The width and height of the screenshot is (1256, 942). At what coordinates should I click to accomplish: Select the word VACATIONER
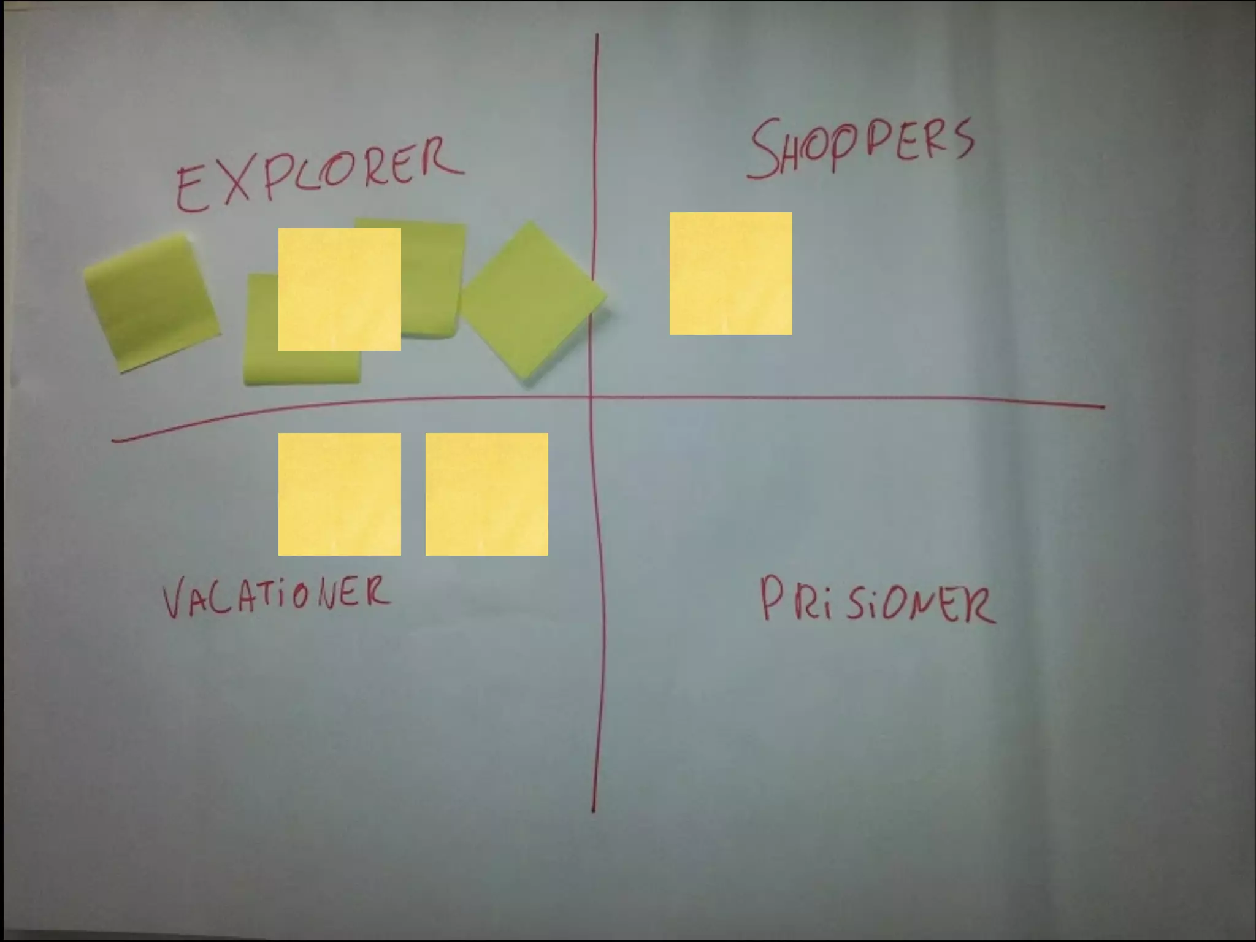[276, 596]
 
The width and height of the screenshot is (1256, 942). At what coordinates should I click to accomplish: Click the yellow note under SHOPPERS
[730, 274]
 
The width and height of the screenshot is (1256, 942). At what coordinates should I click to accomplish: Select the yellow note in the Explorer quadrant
[339, 289]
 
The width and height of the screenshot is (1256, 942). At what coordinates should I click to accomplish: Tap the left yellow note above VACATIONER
[339, 494]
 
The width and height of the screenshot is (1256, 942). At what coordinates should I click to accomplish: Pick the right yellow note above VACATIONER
[486, 494]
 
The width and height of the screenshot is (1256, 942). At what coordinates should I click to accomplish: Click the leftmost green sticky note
[151, 302]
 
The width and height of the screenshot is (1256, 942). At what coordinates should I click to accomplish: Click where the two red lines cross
[591, 398]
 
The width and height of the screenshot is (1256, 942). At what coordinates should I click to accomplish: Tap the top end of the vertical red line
[597, 36]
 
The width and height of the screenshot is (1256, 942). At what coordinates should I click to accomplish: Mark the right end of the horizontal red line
[1103, 406]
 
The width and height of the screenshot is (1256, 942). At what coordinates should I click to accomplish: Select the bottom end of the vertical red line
[593, 811]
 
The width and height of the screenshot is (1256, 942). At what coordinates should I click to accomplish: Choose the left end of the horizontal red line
[113, 440]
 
